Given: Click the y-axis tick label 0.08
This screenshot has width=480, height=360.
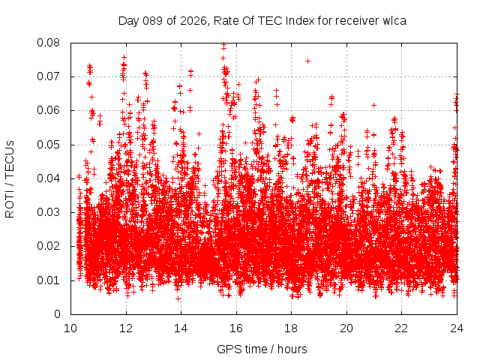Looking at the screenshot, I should pyautogui.click(x=50, y=43).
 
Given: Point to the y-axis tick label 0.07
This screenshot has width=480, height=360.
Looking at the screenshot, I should pyautogui.click(x=50, y=76).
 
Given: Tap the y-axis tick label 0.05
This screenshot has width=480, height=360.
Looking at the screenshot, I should pyautogui.click(x=50, y=145).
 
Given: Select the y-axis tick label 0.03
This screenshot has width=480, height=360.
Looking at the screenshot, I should pyautogui.click(x=50, y=212).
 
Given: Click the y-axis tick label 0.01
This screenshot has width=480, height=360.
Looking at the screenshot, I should pyautogui.click(x=50, y=280).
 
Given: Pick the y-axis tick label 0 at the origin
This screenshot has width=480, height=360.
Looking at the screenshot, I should pyautogui.click(x=58, y=314).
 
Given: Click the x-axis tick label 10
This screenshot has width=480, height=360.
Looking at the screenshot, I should pyautogui.click(x=70, y=328).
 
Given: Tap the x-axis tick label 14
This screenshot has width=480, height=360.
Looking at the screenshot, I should pyautogui.click(x=181, y=328).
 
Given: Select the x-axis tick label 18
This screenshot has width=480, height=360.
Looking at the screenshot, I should pyautogui.click(x=291, y=328).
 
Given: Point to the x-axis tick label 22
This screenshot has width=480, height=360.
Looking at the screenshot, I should pyautogui.click(x=401, y=328).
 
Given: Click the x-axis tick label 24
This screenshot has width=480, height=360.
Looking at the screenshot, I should pyautogui.click(x=457, y=328).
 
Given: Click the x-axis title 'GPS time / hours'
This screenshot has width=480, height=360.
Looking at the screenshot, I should pyautogui.click(x=262, y=349).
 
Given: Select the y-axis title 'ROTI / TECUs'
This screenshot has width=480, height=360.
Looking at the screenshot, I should pyautogui.click(x=10, y=178).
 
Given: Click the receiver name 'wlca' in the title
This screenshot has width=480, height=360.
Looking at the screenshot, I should pyautogui.click(x=394, y=20).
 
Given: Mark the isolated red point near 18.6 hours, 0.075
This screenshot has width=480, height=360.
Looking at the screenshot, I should pyautogui.click(x=307, y=61).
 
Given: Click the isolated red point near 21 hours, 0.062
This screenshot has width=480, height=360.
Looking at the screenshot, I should pyautogui.click(x=373, y=105).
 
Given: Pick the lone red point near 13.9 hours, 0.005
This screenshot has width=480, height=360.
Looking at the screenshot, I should pyautogui.click(x=178, y=298).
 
